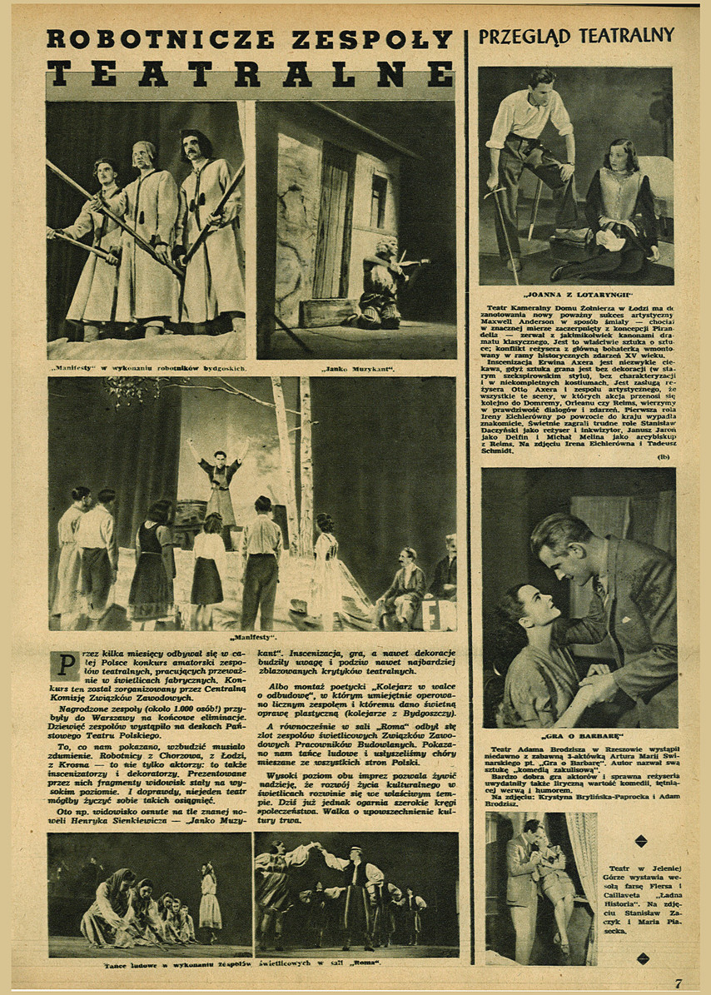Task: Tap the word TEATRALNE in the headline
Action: (250, 74)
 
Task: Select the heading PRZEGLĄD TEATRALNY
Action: (576, 36)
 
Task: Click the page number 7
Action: (679, 983)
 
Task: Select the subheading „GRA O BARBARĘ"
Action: (578, 737)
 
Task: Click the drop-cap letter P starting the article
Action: (63, 665)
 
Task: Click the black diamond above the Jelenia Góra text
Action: (641, 841)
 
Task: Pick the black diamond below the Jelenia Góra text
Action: (640, 958)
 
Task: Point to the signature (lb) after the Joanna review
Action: (664, 456)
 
